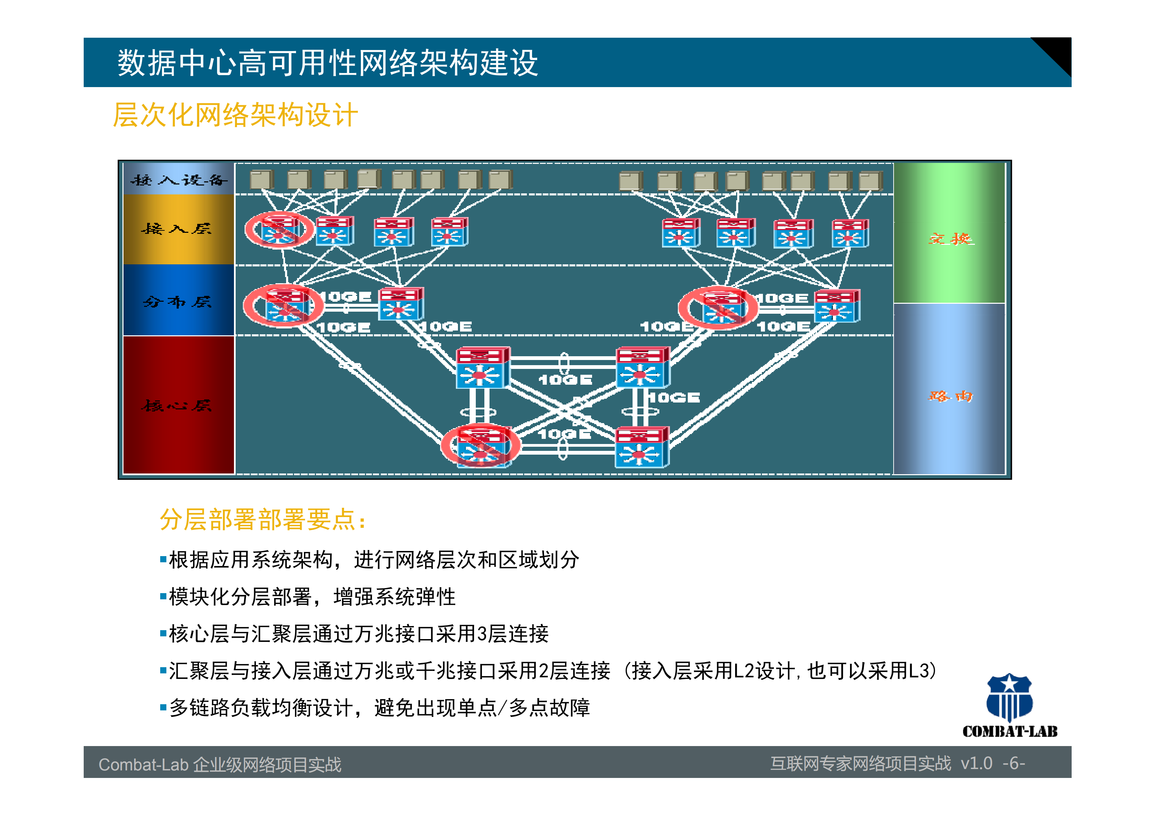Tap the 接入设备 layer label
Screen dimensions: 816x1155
[179, 180]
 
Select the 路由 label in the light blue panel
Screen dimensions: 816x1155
[950, 396]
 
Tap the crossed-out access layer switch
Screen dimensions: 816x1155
[279, 230]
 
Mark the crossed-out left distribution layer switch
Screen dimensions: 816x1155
[283, 305]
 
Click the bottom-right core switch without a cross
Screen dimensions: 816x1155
[641, 447]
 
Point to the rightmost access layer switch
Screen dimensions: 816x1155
[850, 233]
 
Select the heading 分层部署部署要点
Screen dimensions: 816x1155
[262, 519]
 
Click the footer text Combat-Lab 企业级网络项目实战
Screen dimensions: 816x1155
[220, 764]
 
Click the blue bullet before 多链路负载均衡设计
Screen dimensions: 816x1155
[163, 707]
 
